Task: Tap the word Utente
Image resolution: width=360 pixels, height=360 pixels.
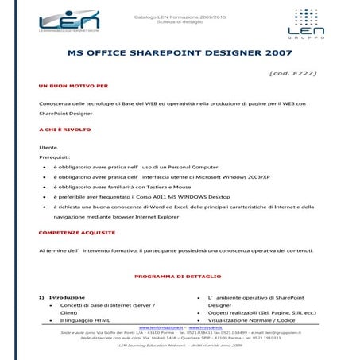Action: click(x=48, y=149)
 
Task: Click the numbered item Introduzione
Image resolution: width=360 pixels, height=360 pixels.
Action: click(x=67, y=297)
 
